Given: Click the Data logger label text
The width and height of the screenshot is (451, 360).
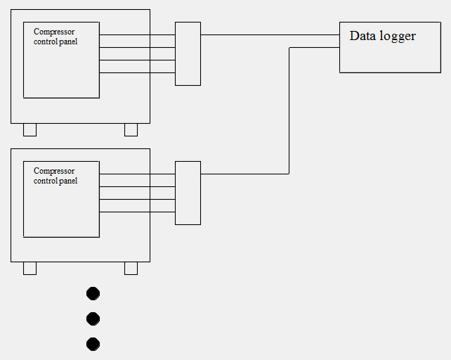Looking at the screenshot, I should tap(382, 36).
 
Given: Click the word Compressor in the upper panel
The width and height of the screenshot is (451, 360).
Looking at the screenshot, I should tap(54, 32).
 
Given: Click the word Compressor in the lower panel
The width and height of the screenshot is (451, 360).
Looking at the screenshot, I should tap(54, 171).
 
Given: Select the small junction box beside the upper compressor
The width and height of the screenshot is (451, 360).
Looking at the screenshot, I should tap(188, 53).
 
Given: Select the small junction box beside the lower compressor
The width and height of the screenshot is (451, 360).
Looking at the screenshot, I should tap(188, 193).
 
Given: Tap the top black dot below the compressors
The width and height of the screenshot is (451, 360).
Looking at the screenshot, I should tap(93, 293).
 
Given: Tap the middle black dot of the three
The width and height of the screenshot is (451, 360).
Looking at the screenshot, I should tap(93, 319).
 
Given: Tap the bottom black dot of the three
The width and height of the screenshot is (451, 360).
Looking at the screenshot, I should tap(93, 344).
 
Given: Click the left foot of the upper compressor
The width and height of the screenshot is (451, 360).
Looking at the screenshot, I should tap(30, 129).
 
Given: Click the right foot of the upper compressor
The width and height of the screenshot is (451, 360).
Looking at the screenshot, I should tap(131, 129).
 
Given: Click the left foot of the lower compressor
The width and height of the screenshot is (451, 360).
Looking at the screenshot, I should tap(30, 268).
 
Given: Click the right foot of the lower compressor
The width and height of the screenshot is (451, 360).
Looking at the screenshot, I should tap(131, 268).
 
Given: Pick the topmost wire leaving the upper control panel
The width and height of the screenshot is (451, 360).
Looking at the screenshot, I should tap(137, 34).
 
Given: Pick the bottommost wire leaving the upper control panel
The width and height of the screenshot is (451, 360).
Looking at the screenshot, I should tap(137, 72).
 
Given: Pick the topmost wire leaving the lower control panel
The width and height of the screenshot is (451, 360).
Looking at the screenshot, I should tap(137, 174).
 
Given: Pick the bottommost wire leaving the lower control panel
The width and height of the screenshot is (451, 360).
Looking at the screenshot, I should tap(137, 212).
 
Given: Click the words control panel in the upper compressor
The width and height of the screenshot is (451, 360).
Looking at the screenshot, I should tap(55, 41).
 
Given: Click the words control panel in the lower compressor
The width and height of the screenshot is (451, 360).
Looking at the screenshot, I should tap(55, 181).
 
